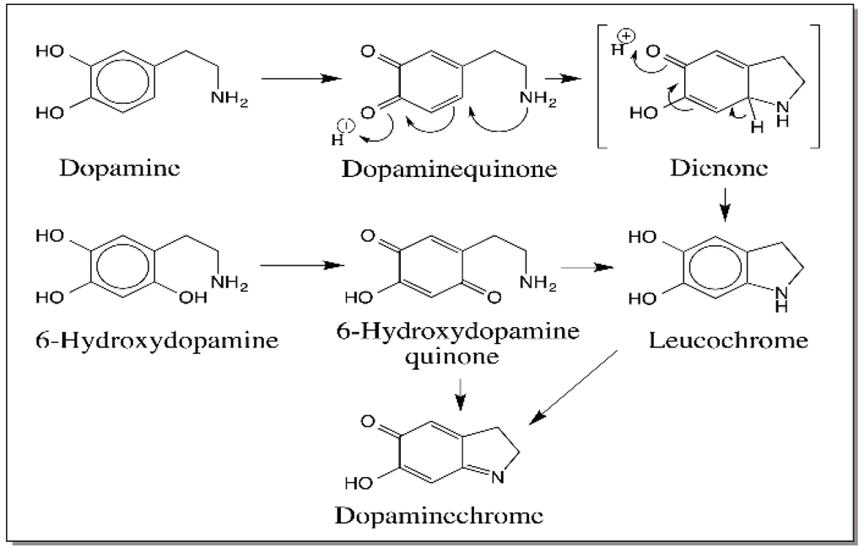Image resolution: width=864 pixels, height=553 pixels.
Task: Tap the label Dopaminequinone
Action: click(x=449, y=169)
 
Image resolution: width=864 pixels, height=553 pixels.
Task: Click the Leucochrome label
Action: click(x=729, y=340)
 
